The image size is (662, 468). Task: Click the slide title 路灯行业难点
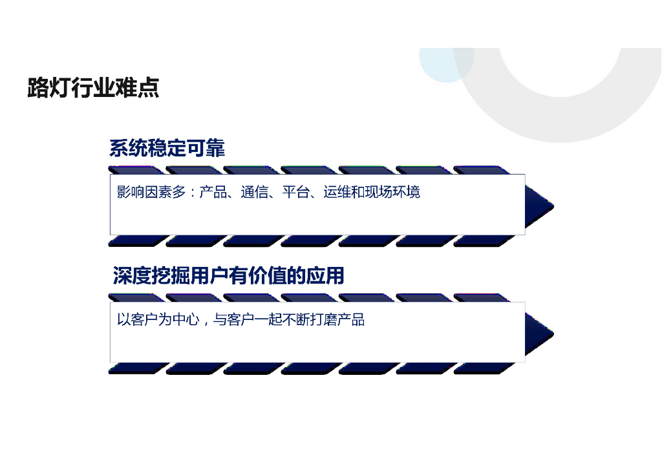tap(93, 88)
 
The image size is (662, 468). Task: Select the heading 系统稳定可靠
tap(167, 149)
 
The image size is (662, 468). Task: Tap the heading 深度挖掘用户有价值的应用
tap(228, 276)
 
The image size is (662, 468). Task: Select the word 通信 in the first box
tap(254, 192)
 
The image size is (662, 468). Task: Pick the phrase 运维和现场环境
tap(371, 192)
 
